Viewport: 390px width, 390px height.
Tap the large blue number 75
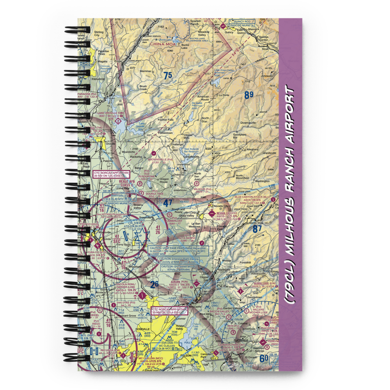pyautogui.click(x=167, y=76)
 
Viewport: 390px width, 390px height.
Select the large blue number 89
pyautogui.click(x=249, y=94)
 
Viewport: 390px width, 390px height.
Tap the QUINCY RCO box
pyautogui.click(x=242, y=22)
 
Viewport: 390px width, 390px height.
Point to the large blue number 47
pyautogui.click(x=168, y=203)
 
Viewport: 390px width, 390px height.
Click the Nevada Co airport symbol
pyautogui.click(x=212, y=213)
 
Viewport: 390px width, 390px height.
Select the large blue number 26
pyautogui.click(x=154, y=284)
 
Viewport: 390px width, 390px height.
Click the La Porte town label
pyautogui.click(x=224, y=95)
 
